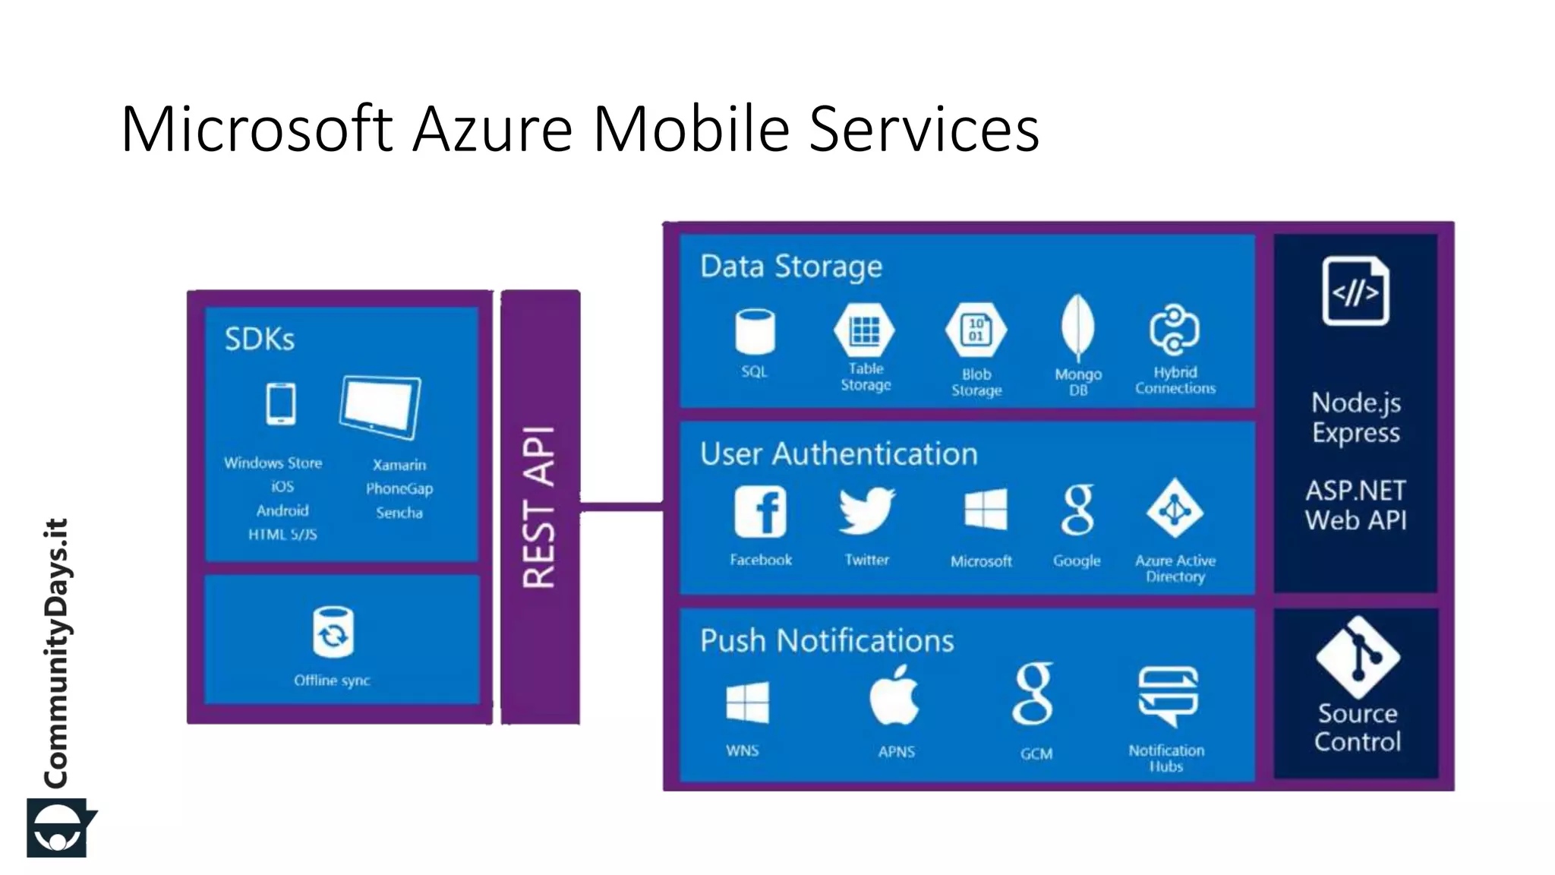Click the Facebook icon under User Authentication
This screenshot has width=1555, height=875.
tap(760, 511)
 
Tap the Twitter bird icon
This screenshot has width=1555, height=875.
tap(866, 510)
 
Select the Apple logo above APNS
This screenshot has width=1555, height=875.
tap(894, 697)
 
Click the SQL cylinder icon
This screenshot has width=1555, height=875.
tap(755, 331)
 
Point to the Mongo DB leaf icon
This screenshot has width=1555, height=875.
tap(1077, 328)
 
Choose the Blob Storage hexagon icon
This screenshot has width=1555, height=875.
tap(976, 330)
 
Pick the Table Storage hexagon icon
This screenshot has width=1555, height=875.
tap(865, 330)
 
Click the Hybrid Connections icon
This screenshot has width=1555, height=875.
tap(1174, 330)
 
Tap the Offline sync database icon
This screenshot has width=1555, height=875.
tap(333, 631)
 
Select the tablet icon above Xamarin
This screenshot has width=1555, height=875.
tap(380, 407)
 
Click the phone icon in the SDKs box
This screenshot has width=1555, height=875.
tap(281, 403)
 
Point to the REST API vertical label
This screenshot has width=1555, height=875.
tap(540, 507)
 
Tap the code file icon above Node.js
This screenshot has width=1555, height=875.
tap(1355, 291)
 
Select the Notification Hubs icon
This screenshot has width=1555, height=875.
tap(1168, 695)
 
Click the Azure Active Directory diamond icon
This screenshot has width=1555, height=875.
tap(1175, 509)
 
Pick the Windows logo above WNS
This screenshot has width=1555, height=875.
tap(747, 703)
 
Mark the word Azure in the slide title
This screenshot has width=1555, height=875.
tap(492, 129)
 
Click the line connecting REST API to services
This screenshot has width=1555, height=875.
tap(621, 507)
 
